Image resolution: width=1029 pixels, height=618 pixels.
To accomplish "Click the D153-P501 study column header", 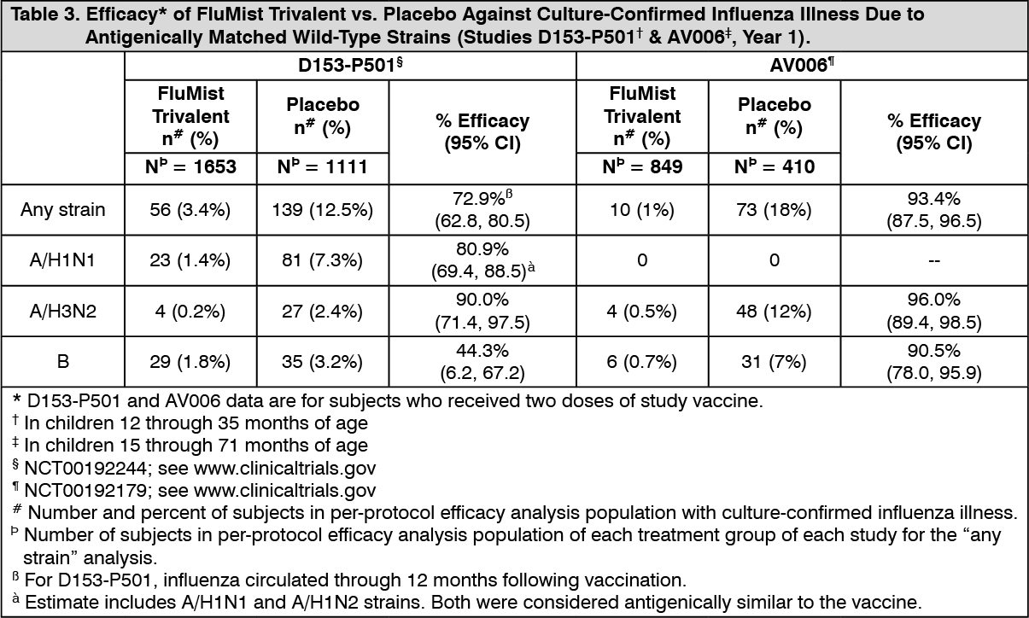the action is pyautogui.click(x=350, y=65).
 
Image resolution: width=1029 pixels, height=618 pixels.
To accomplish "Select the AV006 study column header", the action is pyautogui.click(x=802, y=65).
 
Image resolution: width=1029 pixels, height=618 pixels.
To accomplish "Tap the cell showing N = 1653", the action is pyautogui.click(x=190, y=166).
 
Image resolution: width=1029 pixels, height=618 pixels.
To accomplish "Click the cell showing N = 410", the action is pyautogui.click(x=775, y=166).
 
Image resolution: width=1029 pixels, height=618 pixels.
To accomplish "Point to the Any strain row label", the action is pyautogui.click(x=63, y=210).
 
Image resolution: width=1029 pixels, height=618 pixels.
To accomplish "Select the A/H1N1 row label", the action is pyautogui.click(x=63, y=260).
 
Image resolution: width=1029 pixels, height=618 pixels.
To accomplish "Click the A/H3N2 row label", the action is pyautogui.click(x=63, y=312).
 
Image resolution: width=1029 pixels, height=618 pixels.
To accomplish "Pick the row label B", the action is pyautogui.click(x=63, y=362).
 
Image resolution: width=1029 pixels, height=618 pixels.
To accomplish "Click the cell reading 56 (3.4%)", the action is pyautogui.click(x=190, y=210).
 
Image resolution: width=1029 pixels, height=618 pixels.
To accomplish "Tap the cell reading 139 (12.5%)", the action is pyautogui.click(x=323, y=210).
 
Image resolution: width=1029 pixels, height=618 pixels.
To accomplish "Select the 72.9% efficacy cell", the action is pyautogui.click(x=482, y=210).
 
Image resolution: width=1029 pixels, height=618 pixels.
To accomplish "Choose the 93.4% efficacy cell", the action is pyautogui.click(x=934, y=210).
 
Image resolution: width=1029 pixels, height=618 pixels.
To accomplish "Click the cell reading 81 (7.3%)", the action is pyautogui.click(x=323, y=260).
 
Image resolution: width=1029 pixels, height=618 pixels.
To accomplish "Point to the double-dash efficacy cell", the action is pyautogui.click(x=934, y=261).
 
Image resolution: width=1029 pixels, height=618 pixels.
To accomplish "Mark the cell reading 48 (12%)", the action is pyautogui.click(x=775, y=312).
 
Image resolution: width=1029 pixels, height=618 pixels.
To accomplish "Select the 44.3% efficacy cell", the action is pyautogui.click(x=482, y=362).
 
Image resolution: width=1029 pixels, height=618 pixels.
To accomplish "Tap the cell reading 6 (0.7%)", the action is pyautogui.click(x=642, y=362).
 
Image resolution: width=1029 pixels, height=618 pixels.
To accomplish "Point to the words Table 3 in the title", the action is pyautogui.click(x=43, y=15).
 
